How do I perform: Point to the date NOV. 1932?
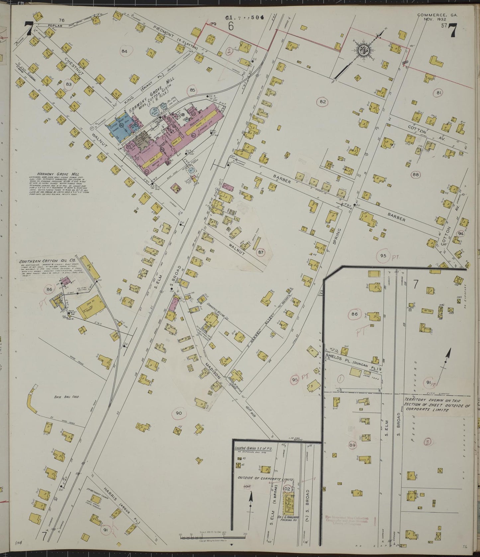[x=435, y=20]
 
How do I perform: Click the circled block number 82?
[x=322, y=102]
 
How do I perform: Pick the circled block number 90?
[x=179, y=413]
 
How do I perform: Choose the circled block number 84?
[x=125, y=51]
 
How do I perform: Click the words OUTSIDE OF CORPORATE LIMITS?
[x=266, y=479]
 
